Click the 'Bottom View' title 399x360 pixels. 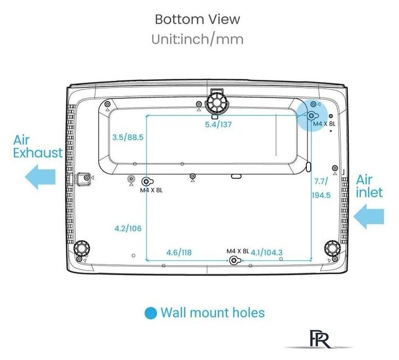[x=197, y=19]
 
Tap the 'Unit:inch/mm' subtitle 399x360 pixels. [x=197, y=39]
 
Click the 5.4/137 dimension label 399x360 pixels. [x=219, y=124]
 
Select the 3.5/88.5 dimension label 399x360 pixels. [x=128, y=137]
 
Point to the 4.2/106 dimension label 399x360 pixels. [x=128, y=228]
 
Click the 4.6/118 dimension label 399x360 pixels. [x=179, y=253]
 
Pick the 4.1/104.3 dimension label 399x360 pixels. [x=267, y=253]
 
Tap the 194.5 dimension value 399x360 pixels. [x=321, y=195]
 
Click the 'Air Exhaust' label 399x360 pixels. [x=38, y=146]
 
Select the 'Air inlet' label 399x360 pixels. [x=369, y=186]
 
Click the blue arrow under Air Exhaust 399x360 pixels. [x=40, y=177]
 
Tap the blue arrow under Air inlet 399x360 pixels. [x=369, y=217]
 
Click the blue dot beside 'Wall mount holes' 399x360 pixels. [x=151, y=313]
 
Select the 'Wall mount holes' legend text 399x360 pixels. [x=213, y=313]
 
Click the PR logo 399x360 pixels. [x=319, y=339]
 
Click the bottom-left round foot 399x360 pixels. [x=81, y=247]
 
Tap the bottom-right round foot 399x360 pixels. [x=332, y=247]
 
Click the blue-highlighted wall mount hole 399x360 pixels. [x=312, y=116]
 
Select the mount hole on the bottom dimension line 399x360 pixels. [x=234, y=260]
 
